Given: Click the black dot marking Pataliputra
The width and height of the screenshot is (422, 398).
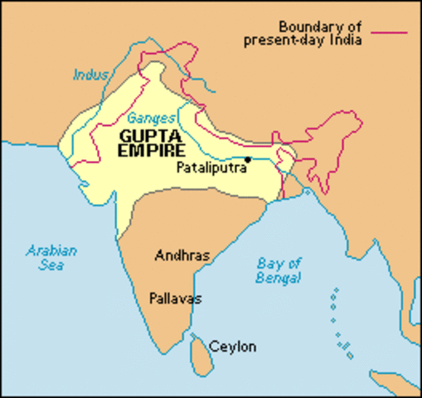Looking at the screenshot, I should click(x=248, y=158).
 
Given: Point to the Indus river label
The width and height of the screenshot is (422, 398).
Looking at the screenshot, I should click(x=90, y=75).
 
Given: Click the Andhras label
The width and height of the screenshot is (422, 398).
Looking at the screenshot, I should click(x=182, y=255).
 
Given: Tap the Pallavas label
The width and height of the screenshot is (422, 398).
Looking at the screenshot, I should click(x=176, y=298).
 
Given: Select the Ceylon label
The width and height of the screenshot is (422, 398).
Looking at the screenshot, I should click(x=232, y=346).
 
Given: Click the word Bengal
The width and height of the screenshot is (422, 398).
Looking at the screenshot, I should click(x=278, y=279).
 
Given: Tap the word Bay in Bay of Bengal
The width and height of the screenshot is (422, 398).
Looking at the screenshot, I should click(x=264, y=265).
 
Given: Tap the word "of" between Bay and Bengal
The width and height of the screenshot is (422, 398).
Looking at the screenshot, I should click(x=287, y=265).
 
